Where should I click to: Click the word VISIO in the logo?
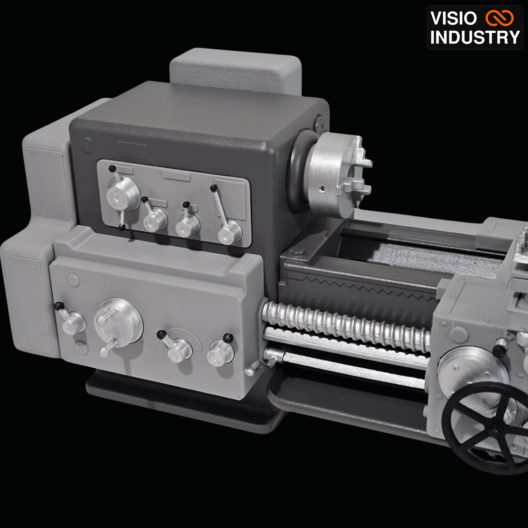coord(454,18)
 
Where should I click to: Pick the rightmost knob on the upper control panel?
coord(230,232)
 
